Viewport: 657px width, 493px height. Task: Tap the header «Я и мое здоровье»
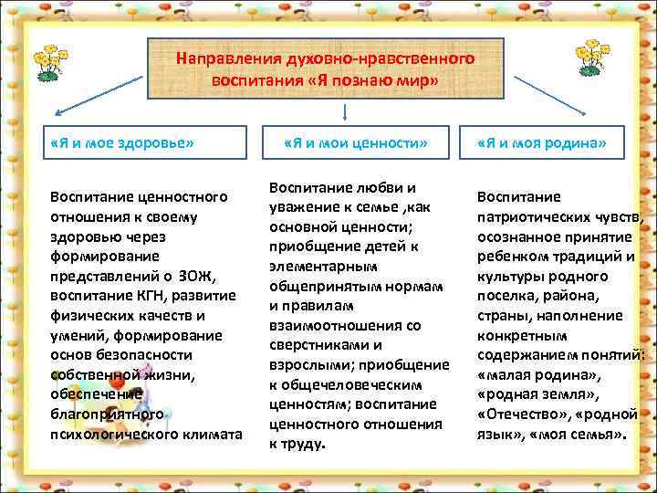[122, 143]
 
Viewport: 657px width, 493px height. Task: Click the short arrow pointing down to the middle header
[344, 111]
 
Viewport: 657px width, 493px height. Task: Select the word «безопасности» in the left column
[146, 356]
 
